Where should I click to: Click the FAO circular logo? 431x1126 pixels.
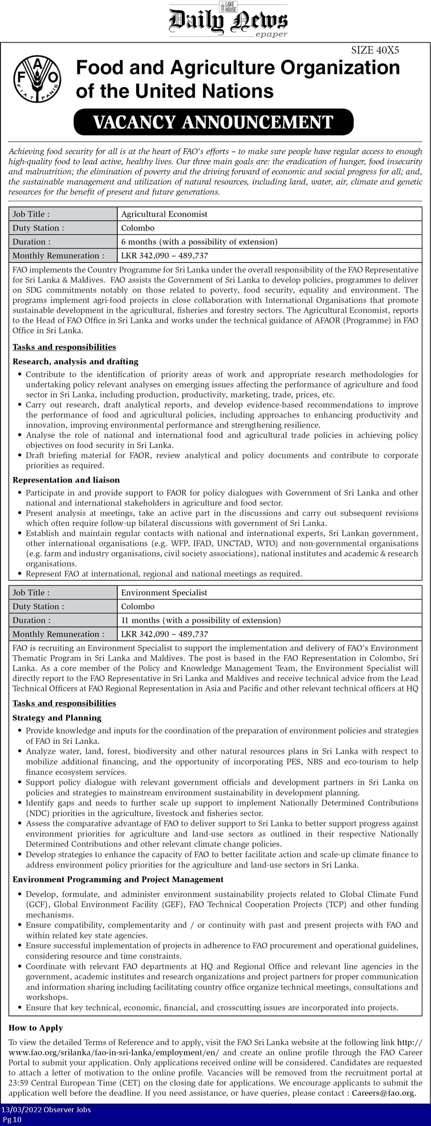click(37, 79)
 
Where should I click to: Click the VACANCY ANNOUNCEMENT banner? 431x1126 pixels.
click(213, 122)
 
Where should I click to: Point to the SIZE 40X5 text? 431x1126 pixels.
click(375, 50)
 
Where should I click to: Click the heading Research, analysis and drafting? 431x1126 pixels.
click(75, 362)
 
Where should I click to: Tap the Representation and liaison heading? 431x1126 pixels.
click(66, 480)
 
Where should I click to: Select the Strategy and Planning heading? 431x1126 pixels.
click(57, 718)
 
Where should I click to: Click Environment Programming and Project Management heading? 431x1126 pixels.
click(118, 879)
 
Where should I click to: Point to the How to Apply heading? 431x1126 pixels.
click(36, 1028)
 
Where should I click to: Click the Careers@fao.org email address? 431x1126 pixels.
click(383, 1093)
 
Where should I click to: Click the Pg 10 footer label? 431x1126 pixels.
click(12, 1120)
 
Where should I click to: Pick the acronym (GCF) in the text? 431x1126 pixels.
click(38, 904)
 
